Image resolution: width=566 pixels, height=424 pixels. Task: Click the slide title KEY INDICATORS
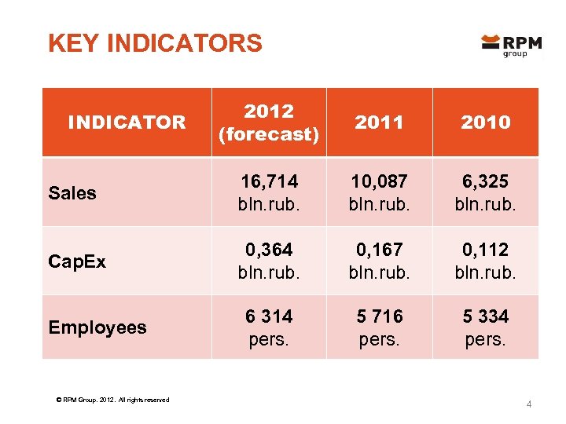pyautogui.click(x=155, y=43)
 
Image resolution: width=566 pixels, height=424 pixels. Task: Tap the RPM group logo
pyautogui.click(x=511, y=46)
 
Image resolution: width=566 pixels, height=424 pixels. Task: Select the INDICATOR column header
pyautogui.click(x=127, y=122)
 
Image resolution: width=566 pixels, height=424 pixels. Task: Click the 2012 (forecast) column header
pyautogui.click(x=269, y=122)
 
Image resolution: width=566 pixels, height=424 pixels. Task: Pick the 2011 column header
pyautogui.click(x=379, y=122)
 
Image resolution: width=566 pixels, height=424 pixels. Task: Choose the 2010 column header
pyautogui.click(x=485, y=122)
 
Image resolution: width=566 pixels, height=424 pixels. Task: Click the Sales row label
pyautogui.click(x=72, y=193)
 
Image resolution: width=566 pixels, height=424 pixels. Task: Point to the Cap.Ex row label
pyautogui.click(x=77, y=261)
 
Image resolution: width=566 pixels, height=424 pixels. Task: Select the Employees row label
pyautogui.click(x=97, y=327)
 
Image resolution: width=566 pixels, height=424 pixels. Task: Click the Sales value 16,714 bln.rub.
pyautogui.click(x=269, y=192)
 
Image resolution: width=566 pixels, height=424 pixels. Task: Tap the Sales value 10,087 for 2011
pyautogui.click(x=379, y=192)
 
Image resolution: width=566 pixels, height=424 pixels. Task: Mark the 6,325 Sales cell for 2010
pyautogui.click(x=485, y=192)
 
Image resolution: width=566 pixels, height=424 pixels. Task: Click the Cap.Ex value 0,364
pyautogui.click(x=269, y=261)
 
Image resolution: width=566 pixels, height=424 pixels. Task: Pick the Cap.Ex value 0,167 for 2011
pyautogui.click(x=379, y=261)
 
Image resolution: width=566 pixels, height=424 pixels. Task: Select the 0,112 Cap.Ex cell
pyautogui.click(x=485, y=261)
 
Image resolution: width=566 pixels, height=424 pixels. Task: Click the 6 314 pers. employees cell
pyautogui.click(x=269, y=327)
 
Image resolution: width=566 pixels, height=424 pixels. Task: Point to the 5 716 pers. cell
pyautogui.click(x=379, y=327)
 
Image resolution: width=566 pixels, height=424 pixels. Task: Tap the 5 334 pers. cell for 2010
pyautogui.click(x=485, y=327)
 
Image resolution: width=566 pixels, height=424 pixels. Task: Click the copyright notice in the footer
pyautogui.click(x=108, y=400)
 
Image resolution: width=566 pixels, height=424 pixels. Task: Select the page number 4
pyautogui.click(x=529, y=404)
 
